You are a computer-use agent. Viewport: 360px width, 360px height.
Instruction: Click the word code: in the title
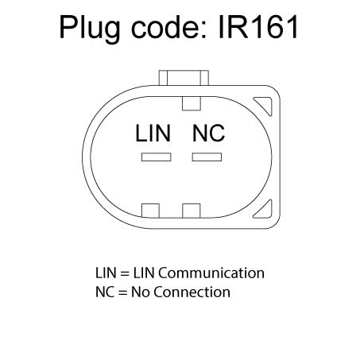click(168, 26)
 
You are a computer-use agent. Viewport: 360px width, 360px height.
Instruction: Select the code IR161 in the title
click(258, 26)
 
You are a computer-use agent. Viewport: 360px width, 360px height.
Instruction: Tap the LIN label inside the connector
click(153, 134)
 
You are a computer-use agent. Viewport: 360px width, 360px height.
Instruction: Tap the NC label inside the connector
click(208, 134)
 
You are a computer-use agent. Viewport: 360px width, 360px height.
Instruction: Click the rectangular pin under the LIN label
click(157, 157)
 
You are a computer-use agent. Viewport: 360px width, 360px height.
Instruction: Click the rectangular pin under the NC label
click(207, 157)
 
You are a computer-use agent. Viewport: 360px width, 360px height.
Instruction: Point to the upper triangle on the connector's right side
click(265, 105)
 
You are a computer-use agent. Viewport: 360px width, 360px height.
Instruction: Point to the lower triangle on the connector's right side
click(265, 210)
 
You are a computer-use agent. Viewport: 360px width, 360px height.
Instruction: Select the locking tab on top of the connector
click(184, 78)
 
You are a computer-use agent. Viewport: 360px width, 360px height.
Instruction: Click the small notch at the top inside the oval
click(192, 103)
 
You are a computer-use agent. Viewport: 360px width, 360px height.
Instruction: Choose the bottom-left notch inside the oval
click(150, 211)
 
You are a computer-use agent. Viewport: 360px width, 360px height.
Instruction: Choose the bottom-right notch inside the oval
click(192, 211)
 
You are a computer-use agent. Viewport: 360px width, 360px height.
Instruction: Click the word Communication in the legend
click(211, 273)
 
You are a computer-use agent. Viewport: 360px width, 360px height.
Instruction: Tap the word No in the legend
click(141, 292)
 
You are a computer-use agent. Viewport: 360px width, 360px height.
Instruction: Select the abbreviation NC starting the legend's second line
click(105, 292)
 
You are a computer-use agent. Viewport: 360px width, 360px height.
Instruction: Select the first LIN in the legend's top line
click(106, 273)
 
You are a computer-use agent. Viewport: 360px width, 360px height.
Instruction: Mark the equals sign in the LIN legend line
click(125, 273)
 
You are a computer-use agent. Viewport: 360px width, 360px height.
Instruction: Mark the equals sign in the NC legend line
click(122, 292)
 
